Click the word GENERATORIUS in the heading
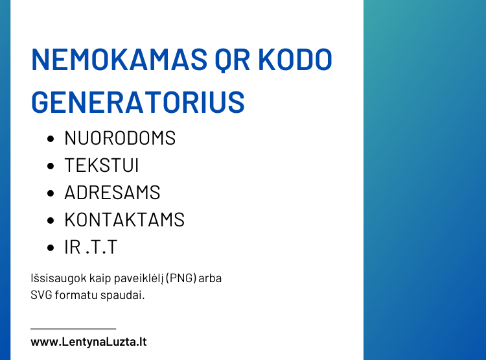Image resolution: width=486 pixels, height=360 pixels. (x=138, y=102)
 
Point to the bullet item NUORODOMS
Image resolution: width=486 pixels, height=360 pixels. (x=120, y=138)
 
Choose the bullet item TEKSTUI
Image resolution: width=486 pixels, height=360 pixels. (x=102, y=165)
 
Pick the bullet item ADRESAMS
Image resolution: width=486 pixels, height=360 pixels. (x=112, y=193)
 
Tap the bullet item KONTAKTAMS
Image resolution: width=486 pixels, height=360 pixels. (x=124, y=220)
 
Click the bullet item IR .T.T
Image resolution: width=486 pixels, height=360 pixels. (x=91, y=247)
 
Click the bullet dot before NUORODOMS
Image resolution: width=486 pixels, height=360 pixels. (x=51, y=139)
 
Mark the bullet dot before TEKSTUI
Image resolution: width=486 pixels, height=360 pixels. (x=51, y=166)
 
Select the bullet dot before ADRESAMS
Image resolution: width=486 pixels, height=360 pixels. (x=51, y=193)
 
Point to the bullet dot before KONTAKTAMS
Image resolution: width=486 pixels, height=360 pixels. (x=51, y=221)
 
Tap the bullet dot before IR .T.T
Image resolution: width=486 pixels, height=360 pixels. (x=51, y=248)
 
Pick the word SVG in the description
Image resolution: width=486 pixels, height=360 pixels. (x=41, y=294)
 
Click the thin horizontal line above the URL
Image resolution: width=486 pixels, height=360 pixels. (x=73, y=329)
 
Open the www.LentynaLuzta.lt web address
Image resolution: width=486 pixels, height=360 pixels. (x=89, y=341)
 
